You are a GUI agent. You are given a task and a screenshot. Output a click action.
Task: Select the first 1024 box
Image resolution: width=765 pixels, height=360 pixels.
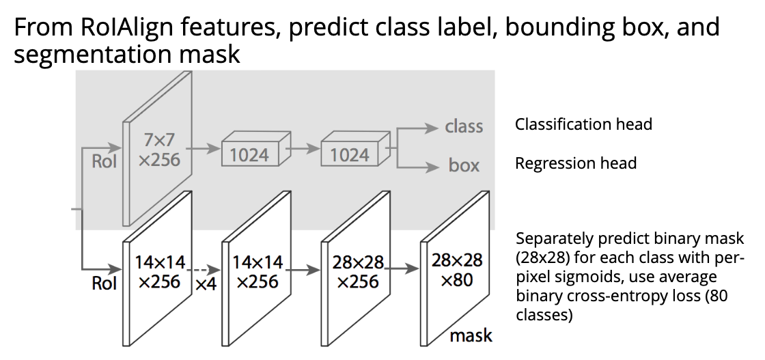click(249, 155)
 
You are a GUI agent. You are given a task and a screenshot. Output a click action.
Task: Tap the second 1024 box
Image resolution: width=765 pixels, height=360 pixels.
click(349, 155)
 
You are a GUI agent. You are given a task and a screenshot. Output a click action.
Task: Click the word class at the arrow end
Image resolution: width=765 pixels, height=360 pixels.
click(464, 126)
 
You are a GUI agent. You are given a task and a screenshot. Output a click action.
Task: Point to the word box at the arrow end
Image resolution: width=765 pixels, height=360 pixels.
click(464, 165)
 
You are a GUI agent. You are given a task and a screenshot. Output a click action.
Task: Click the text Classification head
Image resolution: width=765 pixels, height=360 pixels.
click(583, 124)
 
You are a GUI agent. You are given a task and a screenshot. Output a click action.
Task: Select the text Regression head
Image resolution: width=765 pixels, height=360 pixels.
click(576, 163)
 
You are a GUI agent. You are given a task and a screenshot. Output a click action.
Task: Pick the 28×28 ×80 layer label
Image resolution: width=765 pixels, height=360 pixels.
click(457, 270)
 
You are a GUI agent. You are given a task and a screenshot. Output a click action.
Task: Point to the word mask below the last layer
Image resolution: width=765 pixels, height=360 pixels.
click(471, 335)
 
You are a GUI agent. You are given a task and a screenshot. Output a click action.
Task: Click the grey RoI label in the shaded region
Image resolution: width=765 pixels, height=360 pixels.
click(105, 162)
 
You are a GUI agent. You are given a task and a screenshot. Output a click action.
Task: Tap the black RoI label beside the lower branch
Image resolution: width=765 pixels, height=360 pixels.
click(105, 283)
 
